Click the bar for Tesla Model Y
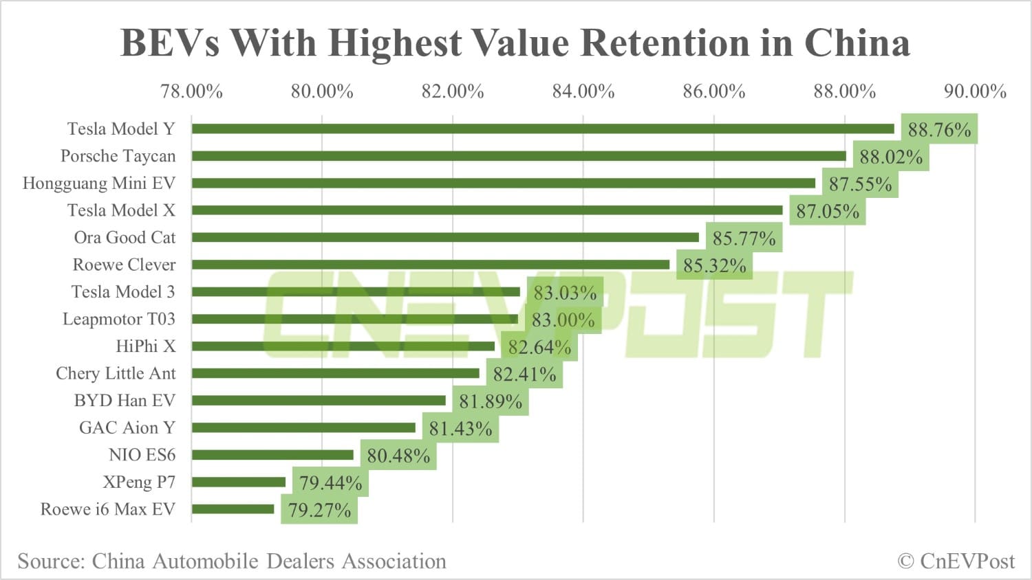pos(543,129)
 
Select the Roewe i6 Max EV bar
pos(233,509)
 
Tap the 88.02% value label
pos(891,157)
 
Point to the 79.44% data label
pos(330,483)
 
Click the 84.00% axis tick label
pos(583,91)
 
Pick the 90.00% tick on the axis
pos(975,91)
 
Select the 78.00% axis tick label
pos(191,91)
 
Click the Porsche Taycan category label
pos(118,156)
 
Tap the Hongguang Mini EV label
pos(99,183)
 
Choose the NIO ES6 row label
pos(142,455)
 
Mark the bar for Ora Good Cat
pos(445,237)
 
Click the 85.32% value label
pos(715,266)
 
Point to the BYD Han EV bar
pos(319,401)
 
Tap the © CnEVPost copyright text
pos(956,561)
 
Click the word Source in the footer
pos(51,561)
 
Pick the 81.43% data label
pos(460,429)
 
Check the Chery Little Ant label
pos(116,373)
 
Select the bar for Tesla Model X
pos(487,210)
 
